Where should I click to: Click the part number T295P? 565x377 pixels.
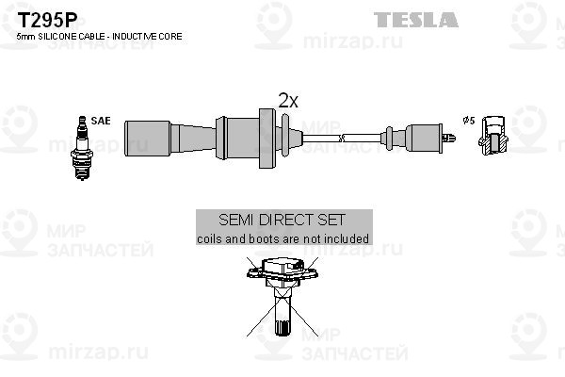coord(47,20)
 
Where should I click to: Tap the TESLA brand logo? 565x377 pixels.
coord(416,20)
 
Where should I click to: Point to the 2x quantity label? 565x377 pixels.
coord(288,101)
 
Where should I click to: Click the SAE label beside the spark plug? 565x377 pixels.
coord(101,121)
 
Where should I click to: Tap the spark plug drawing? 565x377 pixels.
coord(82,148)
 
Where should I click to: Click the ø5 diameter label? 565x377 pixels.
coord(469,120)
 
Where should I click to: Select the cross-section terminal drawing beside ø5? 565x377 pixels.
coord(492,136)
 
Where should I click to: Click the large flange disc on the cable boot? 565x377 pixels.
coord(267,139)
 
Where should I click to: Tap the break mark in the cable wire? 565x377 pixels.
coord(342,138)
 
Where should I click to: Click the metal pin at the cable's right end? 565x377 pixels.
coord(449,138)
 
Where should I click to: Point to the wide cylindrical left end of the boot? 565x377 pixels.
coord(148,139)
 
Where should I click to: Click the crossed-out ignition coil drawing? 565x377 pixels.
coord(282,296)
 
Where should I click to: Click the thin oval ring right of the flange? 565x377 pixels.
coord(285,136)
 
